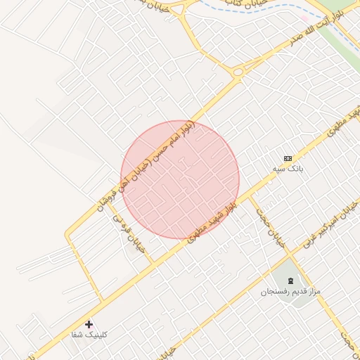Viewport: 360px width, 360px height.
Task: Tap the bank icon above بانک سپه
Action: click(288, 158)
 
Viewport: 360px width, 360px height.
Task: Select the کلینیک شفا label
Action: click(88, 335)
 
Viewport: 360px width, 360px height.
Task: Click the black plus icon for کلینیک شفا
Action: click(89, 324)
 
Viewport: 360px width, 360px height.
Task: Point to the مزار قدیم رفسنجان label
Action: click(290, 291)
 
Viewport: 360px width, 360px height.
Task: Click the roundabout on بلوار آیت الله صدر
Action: click(238, 71)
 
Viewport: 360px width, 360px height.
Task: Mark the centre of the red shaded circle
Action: click(180, 179)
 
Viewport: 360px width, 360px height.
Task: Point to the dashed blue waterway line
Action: click(281, 11)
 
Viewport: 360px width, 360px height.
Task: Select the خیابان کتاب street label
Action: click(247, 4)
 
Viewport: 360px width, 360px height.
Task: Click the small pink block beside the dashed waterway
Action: click(304, 18)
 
